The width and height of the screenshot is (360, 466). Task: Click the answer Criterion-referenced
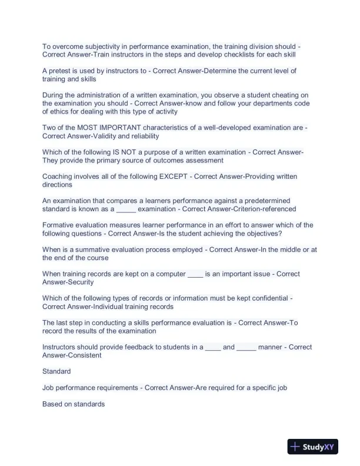click(262, 209)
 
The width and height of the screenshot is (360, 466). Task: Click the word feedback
click(135, 347)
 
